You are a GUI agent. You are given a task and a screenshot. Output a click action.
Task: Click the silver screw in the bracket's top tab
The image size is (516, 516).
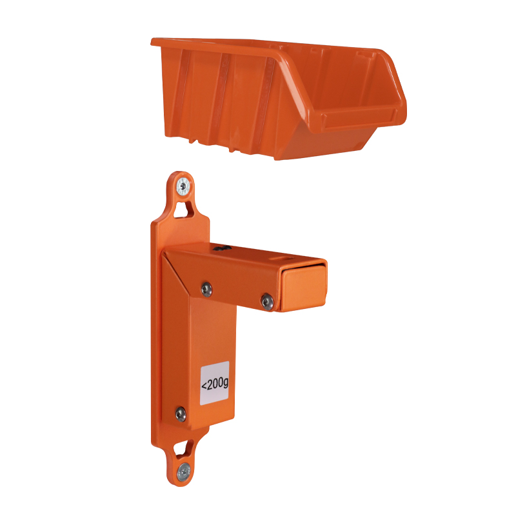[183, 187]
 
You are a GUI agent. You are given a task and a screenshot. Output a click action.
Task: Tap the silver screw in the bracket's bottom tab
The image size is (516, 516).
[183, 472]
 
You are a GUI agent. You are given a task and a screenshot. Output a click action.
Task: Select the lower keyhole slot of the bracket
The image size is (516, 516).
[183, 450]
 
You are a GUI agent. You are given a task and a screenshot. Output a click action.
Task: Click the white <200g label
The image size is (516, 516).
[215, 382]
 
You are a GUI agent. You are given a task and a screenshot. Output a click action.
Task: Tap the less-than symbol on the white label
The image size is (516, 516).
[204, 385]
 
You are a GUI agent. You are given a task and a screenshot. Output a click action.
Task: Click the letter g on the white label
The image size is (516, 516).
[225, 384]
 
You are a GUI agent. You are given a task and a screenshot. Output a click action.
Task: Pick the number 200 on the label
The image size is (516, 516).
[215, 384]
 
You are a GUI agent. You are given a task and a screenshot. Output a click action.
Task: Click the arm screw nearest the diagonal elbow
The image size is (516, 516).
[206, 290]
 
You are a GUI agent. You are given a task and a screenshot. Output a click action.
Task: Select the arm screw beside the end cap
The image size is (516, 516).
[267, 302]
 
